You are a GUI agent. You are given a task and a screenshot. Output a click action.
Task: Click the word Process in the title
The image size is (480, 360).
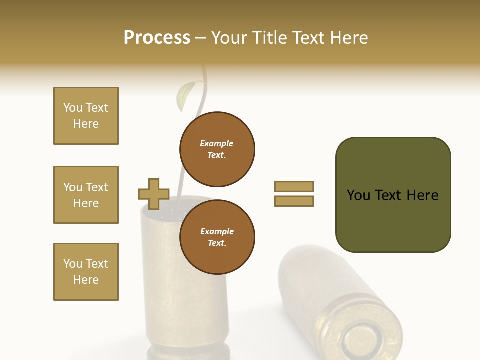click(x=157, y=37)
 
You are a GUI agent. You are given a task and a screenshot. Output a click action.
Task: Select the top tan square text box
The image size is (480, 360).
click(x=86, y=116)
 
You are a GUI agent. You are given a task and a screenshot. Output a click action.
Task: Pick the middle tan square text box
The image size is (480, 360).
click(x=86, y=195)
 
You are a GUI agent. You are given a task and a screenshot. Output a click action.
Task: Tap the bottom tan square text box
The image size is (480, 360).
click(x=86, y=272)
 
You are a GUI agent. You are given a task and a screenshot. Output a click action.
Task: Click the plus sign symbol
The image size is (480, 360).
click(x=154, y=194)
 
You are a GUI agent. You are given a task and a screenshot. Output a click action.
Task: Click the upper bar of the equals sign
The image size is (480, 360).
click(x=294, y=186)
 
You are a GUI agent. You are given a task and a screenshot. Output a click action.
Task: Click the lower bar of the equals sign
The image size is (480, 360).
click(x=294, y=201)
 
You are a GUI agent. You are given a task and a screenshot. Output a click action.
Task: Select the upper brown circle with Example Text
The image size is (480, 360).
click(x=217, y=149)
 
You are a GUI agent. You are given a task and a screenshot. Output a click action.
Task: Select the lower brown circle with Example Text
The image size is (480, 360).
click(x=217, y=237)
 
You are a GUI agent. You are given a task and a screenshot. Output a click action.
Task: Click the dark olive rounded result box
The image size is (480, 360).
click(x=393, y=195)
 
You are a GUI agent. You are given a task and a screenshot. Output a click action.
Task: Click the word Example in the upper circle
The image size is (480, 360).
click(x=216, y=143)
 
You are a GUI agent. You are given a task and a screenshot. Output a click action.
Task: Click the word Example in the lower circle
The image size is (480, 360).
click(x=217, y=231)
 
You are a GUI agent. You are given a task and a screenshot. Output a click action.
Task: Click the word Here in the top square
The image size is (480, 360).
click(x=86, y=124)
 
